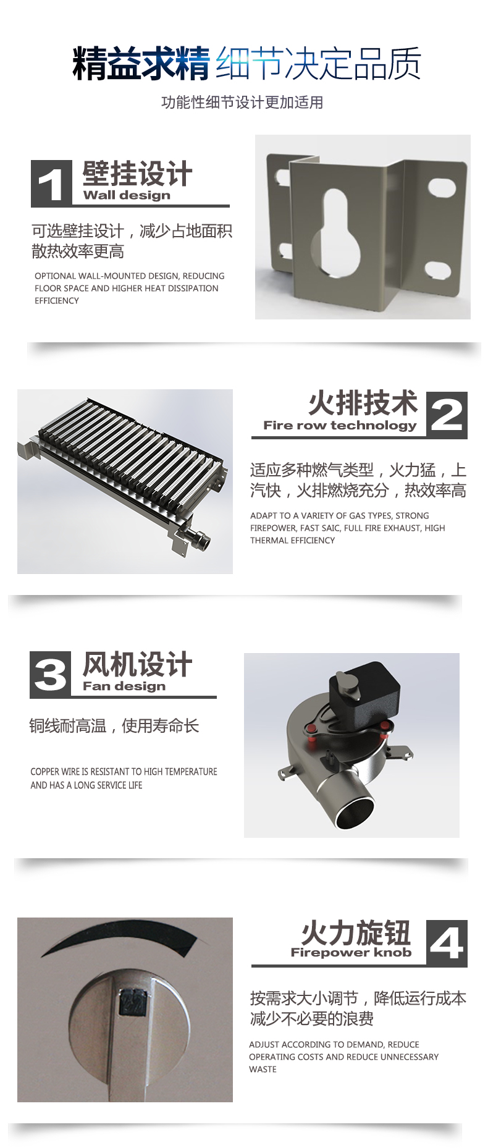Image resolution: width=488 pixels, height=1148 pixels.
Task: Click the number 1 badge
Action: point(51,183)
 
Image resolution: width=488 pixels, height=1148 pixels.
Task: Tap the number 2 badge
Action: point(447,415)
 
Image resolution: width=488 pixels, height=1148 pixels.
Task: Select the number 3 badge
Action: point(51,674)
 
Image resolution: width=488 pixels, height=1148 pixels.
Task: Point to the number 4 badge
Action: point(447,943)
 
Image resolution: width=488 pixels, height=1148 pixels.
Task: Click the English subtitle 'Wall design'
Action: point(127,195)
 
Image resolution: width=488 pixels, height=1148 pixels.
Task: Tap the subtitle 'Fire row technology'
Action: point(340,425)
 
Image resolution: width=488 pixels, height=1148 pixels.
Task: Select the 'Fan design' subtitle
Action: point(124,686)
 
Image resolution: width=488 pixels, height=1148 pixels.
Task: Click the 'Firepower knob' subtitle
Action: point(351,952)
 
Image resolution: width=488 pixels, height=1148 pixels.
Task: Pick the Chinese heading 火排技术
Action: point(363,403)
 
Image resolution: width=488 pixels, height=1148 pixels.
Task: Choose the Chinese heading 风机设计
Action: point(137,664)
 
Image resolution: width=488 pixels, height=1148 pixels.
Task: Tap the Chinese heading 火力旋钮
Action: point(356,932)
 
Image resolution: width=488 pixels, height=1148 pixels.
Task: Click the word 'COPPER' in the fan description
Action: point(45,772)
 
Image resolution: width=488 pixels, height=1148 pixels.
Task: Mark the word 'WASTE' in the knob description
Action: point(263,1070)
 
